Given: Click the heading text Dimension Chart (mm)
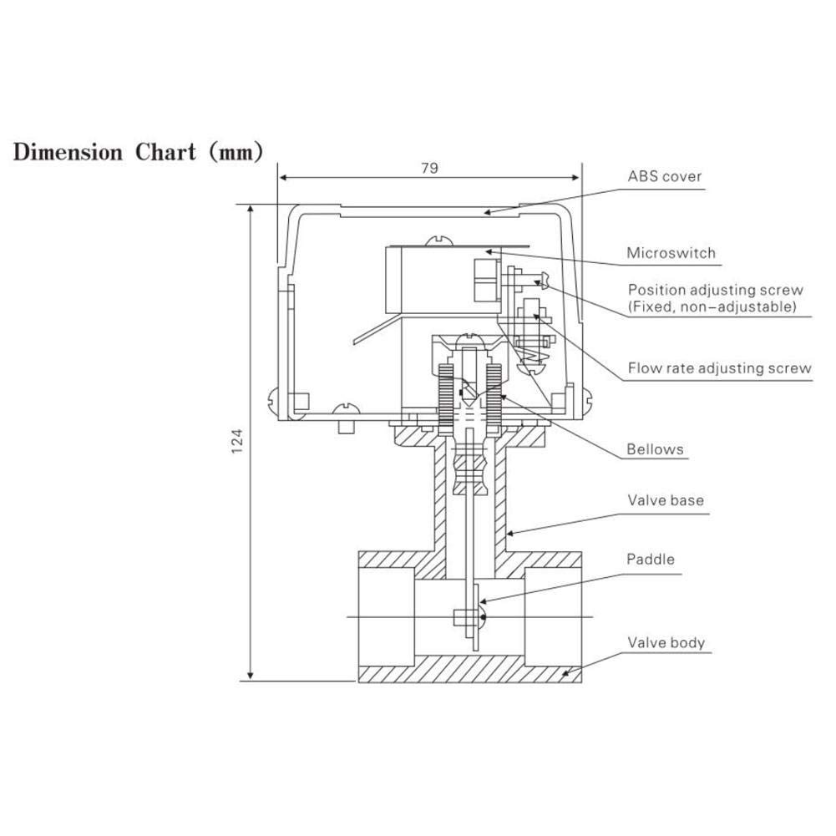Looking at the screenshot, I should (x=138, y=153).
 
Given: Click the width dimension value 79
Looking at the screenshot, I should (x=429, y=168).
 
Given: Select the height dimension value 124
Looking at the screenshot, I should (x=236, y=442).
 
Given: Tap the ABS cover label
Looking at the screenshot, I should (x=665, y=177).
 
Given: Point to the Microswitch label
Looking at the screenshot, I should (x=671, y=253).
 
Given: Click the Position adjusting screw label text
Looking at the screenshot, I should (x=715, y=290).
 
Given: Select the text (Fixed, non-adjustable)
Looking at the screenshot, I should (x=712, y=307).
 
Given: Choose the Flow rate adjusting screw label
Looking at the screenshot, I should (x=718, y=368).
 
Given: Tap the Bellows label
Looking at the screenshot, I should (x=655, y=449).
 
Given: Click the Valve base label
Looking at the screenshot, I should (x=666, y=501).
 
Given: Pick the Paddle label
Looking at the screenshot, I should (x=650, y=560).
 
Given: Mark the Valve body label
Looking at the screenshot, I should (x=666, y=643).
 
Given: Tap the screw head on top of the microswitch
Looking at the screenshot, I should (x=440, y=241).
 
